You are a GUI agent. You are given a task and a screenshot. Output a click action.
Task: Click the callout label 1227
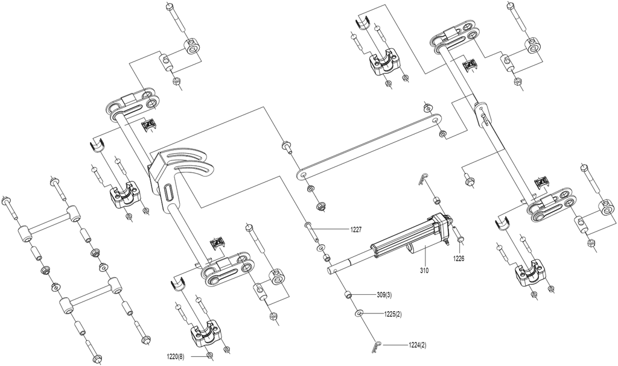356,229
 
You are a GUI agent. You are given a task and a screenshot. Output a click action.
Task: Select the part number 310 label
424,271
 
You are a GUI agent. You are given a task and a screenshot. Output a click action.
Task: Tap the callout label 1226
459,259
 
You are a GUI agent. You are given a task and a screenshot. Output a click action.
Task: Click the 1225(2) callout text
393,314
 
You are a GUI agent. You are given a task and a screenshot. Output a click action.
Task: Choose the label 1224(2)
418,345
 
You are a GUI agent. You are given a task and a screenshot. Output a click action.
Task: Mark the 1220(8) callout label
176,357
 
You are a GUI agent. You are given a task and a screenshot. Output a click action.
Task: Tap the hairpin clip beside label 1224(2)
376,346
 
